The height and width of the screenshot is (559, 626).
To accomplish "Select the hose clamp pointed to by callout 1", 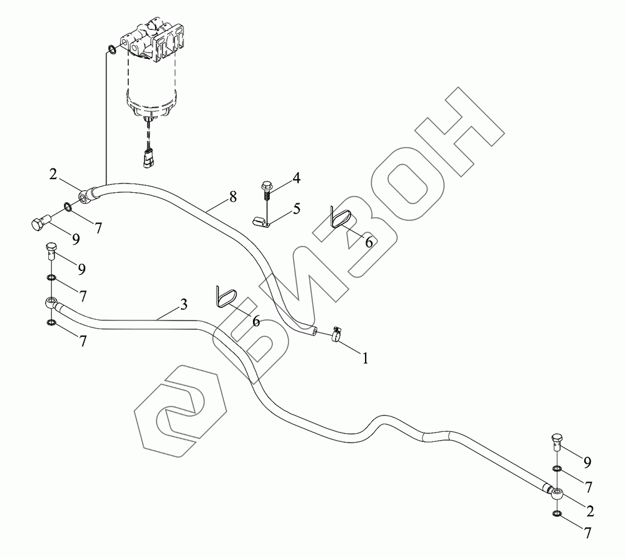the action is [336, 336].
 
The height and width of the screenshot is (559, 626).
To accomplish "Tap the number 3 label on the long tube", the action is [183, 305].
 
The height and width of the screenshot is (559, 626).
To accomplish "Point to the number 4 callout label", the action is [296, 178].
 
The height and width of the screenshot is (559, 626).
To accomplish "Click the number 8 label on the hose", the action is [232, 197].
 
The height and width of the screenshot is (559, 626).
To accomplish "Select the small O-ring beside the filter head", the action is [111, 49].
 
